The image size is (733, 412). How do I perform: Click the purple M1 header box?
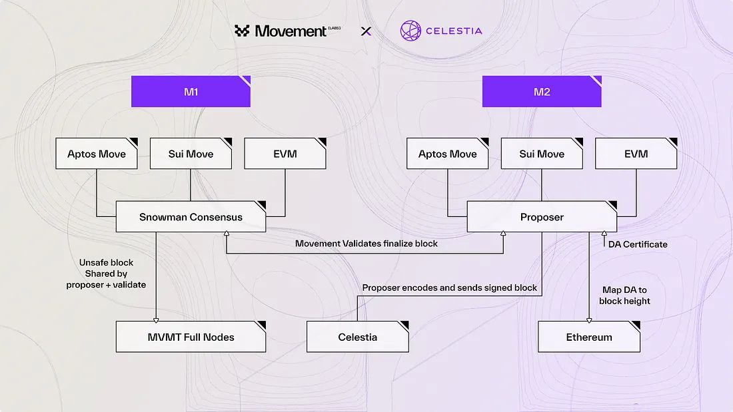[x=191, y=92]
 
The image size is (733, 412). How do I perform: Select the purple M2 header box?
[x=542, y=92]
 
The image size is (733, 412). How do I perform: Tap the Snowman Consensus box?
[x=191, y=217]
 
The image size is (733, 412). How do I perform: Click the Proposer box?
[x=542, y=217]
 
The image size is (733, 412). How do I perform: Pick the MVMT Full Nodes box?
[x=191, y=337]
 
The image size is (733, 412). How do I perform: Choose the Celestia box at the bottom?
[x=357, y=337]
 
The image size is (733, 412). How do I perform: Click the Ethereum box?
[x=589, y=337]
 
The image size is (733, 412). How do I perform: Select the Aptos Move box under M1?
[x=97, y=154]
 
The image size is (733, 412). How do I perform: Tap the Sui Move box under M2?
[x=542, y=154]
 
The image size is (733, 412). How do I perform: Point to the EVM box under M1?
[x=285, y=154]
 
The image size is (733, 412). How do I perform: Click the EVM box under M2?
[x=636, y=154]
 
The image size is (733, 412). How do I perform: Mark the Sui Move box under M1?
[x=191, y=154]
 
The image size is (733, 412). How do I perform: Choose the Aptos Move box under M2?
[x=448, y=154]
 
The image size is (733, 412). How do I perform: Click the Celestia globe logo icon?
[x=411, y=31]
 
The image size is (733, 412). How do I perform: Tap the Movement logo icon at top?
[x=242, y=31]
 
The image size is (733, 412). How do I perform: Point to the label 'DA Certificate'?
[x=638, y=244]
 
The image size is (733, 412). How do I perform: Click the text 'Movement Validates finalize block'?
[x=366, y=244]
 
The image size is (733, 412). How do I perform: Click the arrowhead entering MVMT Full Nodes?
[x=155, y=319]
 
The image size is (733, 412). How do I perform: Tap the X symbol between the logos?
[x=365, y=31]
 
